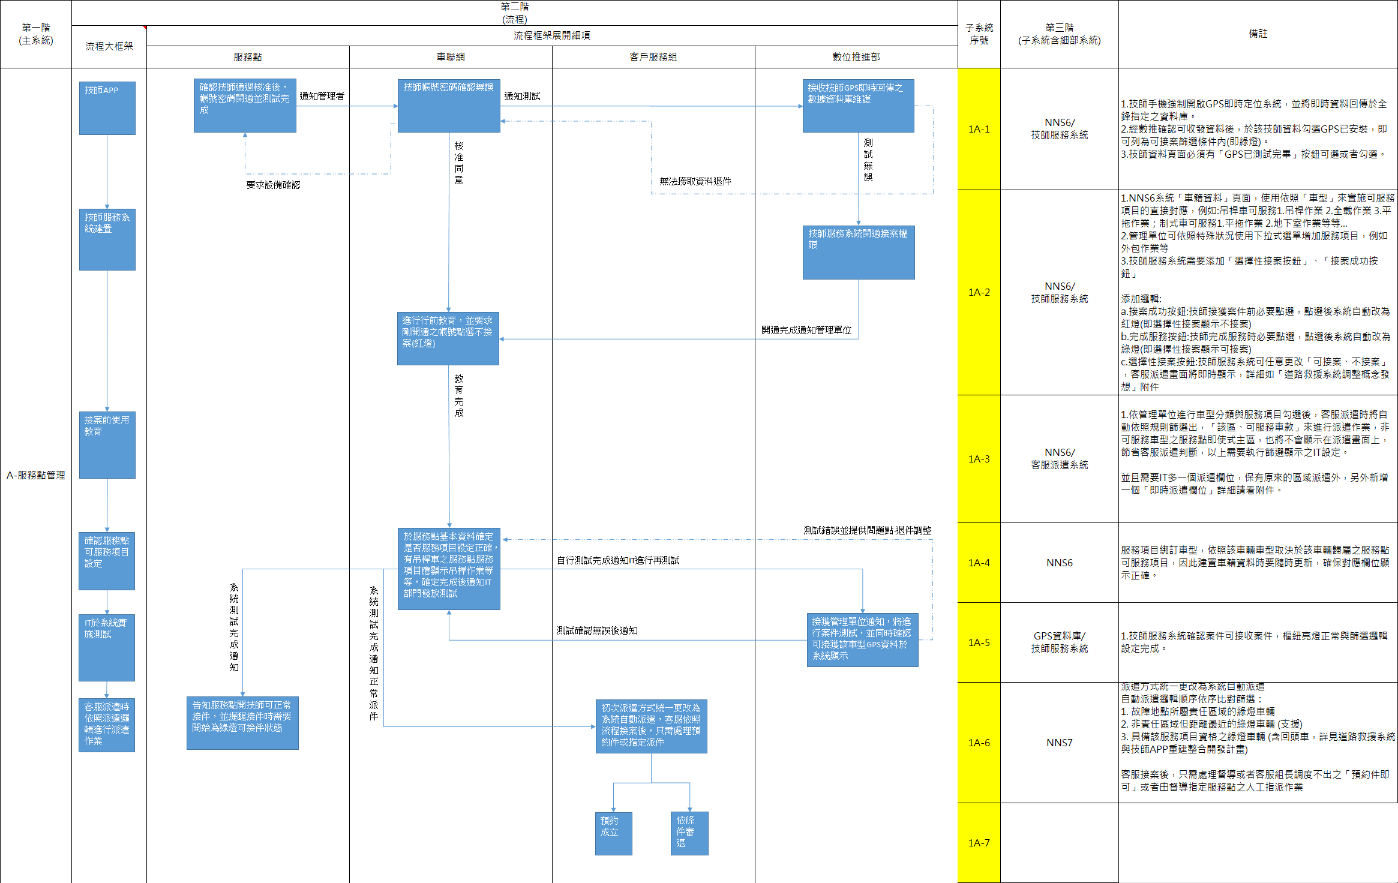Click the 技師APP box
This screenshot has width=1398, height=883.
(x=107, y=108)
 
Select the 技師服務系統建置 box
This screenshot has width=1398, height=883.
(x=107, y=239)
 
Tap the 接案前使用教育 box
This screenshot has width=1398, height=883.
(x=107, y=444)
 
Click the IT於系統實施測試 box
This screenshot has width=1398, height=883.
(x=107, y=647)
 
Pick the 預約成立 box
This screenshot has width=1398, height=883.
(x=613, y=833)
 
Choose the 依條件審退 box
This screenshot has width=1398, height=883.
(x=689, y=833)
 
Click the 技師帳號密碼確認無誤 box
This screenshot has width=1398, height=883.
(x=449, y=106)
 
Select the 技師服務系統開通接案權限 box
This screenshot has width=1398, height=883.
(x=859, y=253)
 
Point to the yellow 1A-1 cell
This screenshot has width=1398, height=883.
(x=979, y=129)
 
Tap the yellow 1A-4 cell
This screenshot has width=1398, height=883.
(x=979, y=563)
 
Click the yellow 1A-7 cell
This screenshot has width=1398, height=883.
(x=979, y=843)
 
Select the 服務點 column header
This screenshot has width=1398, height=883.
(x=248, y=57)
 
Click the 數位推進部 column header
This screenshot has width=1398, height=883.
(x=856, y=57)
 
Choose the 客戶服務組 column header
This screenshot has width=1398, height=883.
(x=653, y=57)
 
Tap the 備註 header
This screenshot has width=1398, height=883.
(x=1258, y=34)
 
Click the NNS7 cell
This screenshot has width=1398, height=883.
(x=1060, y=743)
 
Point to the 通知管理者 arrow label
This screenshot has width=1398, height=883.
(x=322, y=96)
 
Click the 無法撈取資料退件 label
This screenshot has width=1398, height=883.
(x=695, y=181)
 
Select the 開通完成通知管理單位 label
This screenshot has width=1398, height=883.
(x=806, y=330)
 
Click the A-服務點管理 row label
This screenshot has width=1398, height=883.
(x=36, y=475)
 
